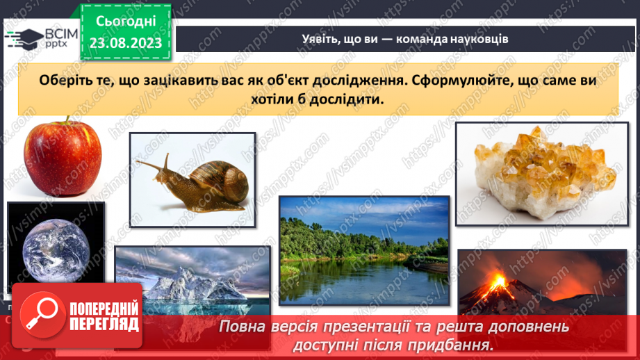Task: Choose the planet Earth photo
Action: pyautogui.click(x=56, y=247)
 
